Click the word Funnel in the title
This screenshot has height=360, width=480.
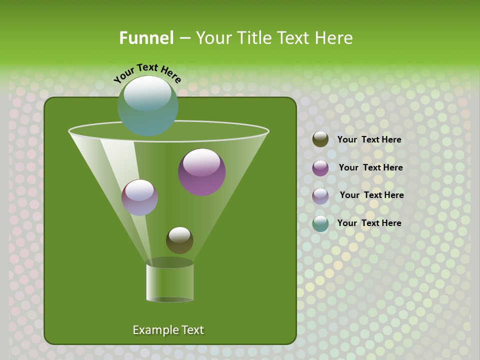click(146, 38)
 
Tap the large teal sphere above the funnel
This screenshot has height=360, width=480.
click(148, 106)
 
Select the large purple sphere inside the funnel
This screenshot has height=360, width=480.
click(202, 172)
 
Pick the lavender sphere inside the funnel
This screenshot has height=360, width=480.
click(139, 197)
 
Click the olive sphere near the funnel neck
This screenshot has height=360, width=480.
click(179, 240)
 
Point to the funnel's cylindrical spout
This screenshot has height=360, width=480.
click(170, 282)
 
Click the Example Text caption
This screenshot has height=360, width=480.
click(168, 330)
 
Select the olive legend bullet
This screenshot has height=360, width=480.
click(320, 139)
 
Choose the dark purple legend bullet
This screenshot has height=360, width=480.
click(320, 168)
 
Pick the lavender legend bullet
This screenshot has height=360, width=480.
click(320, 195)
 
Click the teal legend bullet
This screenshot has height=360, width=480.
click(320, 223)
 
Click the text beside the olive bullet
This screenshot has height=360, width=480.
click(369, 139)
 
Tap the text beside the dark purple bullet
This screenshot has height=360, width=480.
click(370, 167)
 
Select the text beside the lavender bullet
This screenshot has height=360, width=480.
click(371, 195)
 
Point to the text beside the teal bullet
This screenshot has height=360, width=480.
click(369, 223)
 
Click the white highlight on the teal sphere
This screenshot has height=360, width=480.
click(147, 94)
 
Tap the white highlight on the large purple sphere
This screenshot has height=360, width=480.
click(201, 162)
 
